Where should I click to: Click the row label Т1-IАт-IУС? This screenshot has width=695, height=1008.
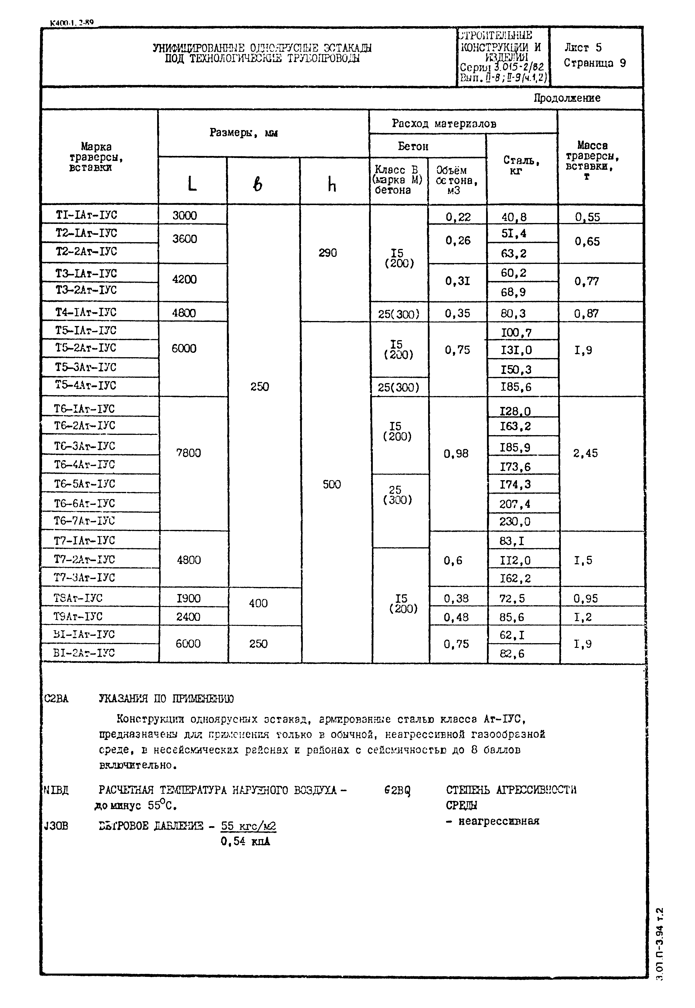coord(86,215)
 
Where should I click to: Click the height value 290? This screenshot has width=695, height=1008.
coord(327,253)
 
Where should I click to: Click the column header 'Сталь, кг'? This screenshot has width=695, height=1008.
coord(521,165)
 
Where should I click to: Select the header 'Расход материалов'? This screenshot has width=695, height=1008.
coord(444,124)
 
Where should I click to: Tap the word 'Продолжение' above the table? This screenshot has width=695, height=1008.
coord(567,98)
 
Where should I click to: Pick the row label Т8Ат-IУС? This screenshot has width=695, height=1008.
coord(78,598)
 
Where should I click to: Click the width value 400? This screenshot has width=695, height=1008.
coord(258,603)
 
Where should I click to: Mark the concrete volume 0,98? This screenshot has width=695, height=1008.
coord(456,454)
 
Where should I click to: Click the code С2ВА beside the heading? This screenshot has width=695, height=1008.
coord(56,699)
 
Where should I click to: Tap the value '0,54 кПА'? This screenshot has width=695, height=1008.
coord(245,842)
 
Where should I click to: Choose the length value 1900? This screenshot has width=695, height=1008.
coord(189,598)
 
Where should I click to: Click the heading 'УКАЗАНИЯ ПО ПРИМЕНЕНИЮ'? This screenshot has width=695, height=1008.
coord(166,699)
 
